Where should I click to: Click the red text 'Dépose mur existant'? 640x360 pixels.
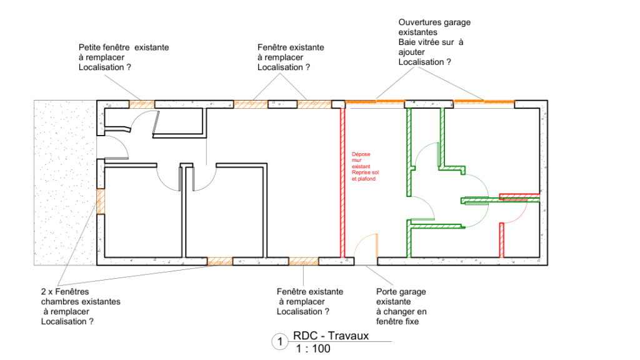pos(361,161)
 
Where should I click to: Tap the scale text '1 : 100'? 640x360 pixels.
pos(313,349)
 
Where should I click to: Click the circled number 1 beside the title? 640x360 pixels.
pos(280,342)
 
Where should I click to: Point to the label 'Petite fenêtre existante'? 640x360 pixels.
pos(124,47)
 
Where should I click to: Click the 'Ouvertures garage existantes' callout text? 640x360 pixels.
pos(434,27)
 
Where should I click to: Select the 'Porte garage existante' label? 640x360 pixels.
pos(401,297)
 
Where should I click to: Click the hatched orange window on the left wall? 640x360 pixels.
pos(101,202)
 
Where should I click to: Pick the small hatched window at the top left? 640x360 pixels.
pos(142,104)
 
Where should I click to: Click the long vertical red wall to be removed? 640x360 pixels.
pos(342,182)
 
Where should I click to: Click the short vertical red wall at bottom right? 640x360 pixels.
pos(502,240)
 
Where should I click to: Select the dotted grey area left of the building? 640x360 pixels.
pos(65,183)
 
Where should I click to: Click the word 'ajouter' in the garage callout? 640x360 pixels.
pos(411,52)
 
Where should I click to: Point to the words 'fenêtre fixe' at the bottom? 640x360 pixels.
pos(397,322)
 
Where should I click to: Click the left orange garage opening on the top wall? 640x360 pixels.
pos(375,101)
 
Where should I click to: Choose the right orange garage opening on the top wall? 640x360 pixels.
pos(484,101)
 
